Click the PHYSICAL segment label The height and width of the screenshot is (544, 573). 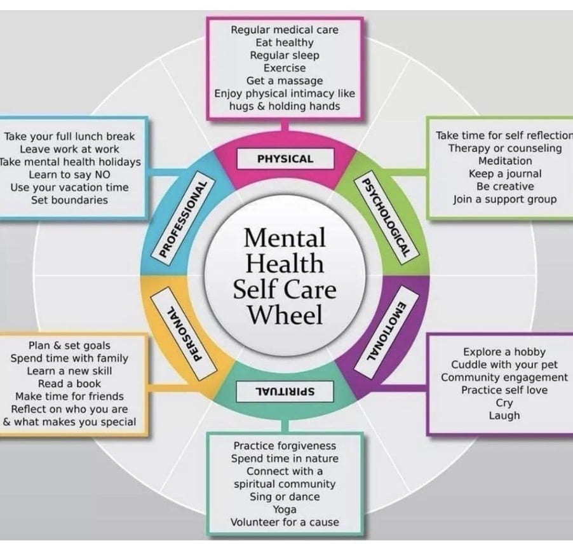(285, 159)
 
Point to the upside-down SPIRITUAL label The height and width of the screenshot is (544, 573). (285, 390)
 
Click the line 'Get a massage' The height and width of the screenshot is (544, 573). (285, 81)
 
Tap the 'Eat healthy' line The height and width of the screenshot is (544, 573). (285, 43)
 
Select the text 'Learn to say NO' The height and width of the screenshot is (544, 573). (69, 174)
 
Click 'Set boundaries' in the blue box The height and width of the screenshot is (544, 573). (69, 200)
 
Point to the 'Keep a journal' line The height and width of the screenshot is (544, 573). (505, 173)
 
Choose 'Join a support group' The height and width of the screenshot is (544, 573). (505, 199)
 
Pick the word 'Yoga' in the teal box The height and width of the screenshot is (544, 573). (285, 509)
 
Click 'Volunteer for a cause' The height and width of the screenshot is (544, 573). (285, 522)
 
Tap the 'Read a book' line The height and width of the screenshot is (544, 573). (69, 383)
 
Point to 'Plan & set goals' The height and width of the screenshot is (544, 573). (69, 345)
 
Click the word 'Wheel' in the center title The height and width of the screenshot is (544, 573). (285, 315)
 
